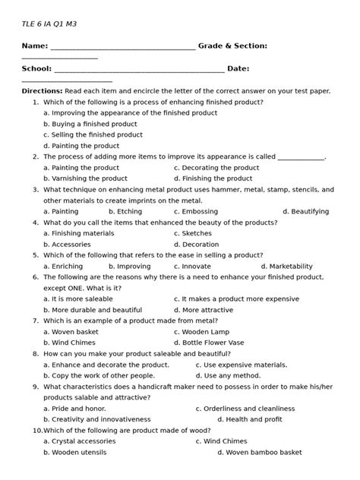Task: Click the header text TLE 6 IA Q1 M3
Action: click(x=49, y=24)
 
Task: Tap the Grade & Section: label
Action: click(x=232, y=46)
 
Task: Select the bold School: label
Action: click(x=37, y=68)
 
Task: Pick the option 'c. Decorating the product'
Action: click(x=216, y=168)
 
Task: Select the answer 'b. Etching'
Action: click(x=125, y=212)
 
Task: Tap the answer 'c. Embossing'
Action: click(x=196, y=212)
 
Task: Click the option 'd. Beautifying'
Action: click(x=305, y=212)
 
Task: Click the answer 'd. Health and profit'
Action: click(x=250, y=420)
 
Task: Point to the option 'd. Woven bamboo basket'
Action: click(x=259, y=453)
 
